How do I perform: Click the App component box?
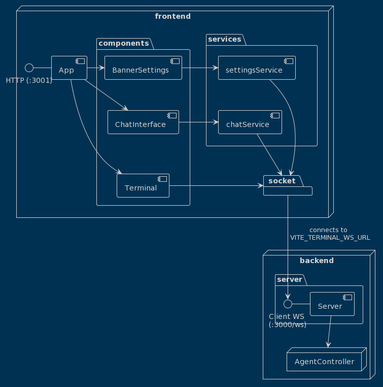pos(69,68)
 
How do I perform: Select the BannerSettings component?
pos(143,68)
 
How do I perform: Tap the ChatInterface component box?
pos(143,122)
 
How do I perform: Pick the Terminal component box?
pos(143,186)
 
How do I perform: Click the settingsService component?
pos(257,68)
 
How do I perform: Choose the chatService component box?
pos(250,122)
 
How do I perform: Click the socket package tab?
pos(282,181)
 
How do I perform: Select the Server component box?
pos(332,304)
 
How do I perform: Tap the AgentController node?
pos(326,362)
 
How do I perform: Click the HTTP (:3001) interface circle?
pos(29,68)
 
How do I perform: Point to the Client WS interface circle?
pos(288,304)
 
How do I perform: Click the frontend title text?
pos(172,16)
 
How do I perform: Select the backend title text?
pos(317,261)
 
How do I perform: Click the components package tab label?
pos(123,43)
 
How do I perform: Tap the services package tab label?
pos(225,39)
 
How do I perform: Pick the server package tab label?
pos(290,279)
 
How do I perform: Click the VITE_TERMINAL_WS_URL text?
pos(330,237)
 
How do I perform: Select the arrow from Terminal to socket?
pos(216,186)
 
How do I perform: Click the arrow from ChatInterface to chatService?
pos(198,122)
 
